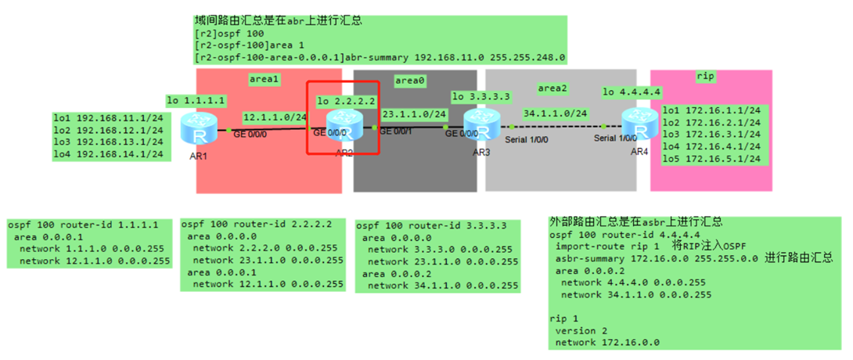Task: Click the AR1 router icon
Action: click(x=196, y=128)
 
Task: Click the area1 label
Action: click(x=265, y=79)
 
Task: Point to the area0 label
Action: click(x=411, y=80)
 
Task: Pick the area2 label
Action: click(x=553, y=88)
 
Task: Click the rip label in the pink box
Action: click(x=705, y=76)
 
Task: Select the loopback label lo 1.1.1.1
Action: click(x=196, y=100)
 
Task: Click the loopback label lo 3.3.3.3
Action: click(x=481, y=96)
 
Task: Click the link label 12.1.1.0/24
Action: click(x=275, y=117)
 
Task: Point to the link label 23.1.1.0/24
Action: click(x=413, y=113)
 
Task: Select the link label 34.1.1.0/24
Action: click(x=555, y=113)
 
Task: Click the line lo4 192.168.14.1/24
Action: click(x=108, y=154)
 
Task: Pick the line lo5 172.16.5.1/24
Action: click(x=711, y=158)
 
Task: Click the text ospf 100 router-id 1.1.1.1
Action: click(x=84, y=225)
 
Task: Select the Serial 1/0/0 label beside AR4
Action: click(x=616, y=139)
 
